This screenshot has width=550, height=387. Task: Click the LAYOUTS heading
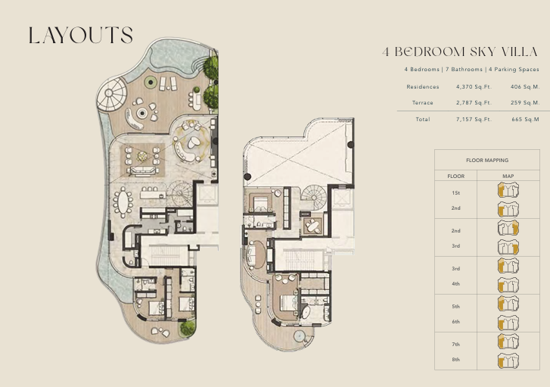(81, 35)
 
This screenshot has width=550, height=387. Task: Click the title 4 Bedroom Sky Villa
(460, 52)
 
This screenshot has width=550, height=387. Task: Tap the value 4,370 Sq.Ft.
(474, 87)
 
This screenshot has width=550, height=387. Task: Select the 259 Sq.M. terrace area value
(525, 102)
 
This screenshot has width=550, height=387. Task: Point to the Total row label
(423, 120)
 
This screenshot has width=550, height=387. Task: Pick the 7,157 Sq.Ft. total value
(474, 120)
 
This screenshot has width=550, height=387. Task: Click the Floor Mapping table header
(487, 160)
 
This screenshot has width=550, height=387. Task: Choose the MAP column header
(508, 176)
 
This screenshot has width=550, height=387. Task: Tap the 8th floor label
(455, 360)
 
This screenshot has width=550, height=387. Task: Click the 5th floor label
(455, 307)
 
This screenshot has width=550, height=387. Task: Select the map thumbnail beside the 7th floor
(508, 342)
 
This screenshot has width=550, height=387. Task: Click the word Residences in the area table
(423, 87)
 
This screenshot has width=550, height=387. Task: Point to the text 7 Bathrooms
(464, 70)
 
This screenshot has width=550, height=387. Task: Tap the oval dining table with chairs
(123, 203)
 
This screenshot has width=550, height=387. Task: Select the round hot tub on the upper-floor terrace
(299, 336)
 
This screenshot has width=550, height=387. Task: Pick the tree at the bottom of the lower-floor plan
(188, 328)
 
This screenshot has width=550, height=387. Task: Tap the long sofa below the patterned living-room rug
(142, 170)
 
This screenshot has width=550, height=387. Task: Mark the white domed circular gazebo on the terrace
(111, 93)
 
